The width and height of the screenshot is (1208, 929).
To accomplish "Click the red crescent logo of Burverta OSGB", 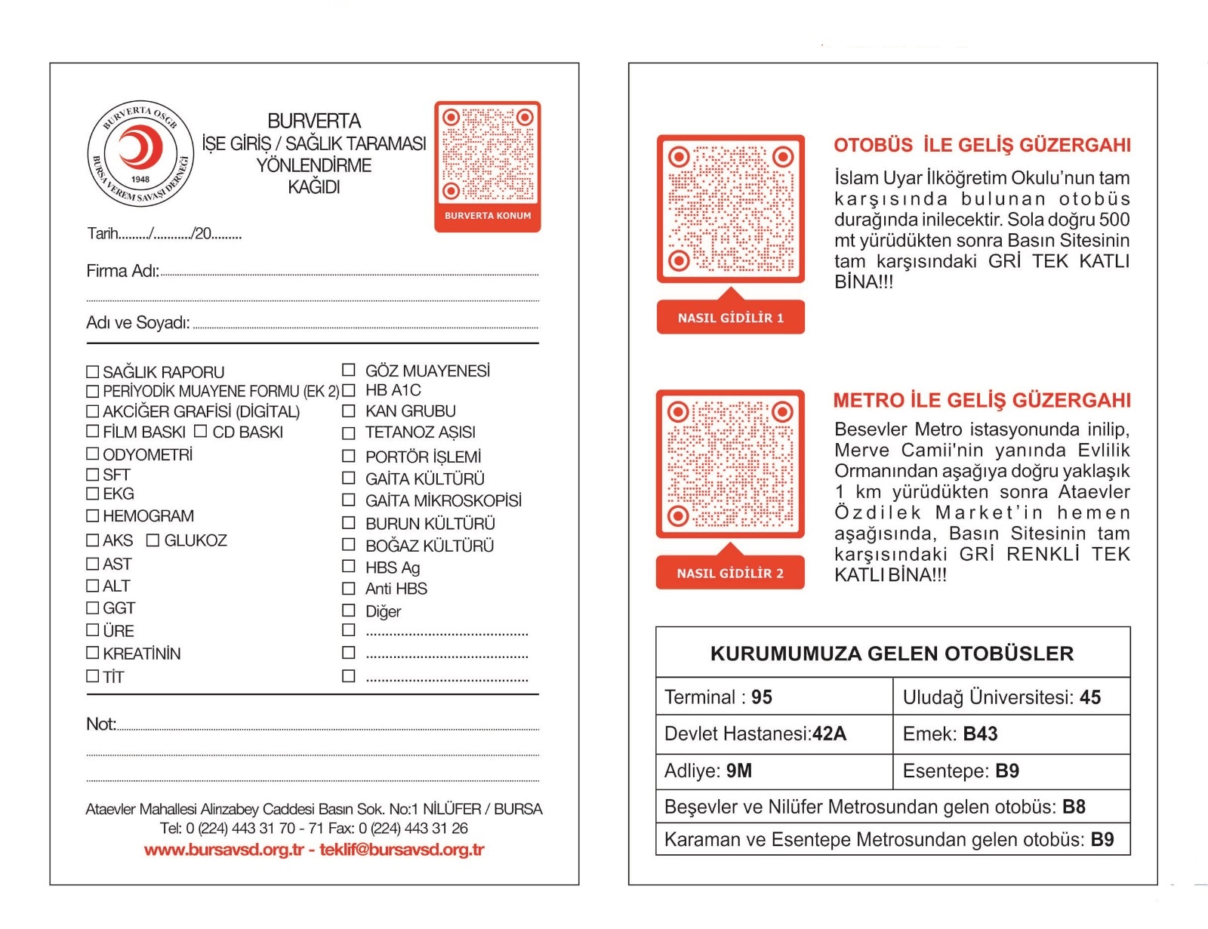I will [140, 148].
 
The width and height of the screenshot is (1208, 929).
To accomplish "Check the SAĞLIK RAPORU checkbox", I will [93, 371].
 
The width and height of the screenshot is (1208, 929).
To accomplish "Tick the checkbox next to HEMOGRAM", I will [93, 515].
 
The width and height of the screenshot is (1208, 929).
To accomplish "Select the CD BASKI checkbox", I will [200, 431].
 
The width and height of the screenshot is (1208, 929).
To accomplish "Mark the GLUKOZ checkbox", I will [153, 540].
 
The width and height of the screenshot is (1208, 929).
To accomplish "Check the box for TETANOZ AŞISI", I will [348, 432].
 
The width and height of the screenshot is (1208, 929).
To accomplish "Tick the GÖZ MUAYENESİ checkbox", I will [348, 370].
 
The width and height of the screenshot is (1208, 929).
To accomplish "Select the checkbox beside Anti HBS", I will [348, 588].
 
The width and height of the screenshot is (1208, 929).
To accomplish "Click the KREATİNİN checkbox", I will [93, 653].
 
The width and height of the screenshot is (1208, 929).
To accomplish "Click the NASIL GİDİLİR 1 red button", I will [730, 318].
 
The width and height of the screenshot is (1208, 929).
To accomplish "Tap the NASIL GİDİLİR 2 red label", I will [730, 573].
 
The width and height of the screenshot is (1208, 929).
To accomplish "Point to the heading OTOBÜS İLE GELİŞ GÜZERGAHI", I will [982, 145].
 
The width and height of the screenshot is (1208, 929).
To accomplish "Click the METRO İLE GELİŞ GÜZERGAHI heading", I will [982, 400].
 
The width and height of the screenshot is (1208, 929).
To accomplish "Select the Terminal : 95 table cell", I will [774, 697].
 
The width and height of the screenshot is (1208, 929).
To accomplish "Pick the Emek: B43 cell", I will [1011, 734].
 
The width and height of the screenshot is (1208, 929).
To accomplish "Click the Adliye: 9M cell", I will [774, 771].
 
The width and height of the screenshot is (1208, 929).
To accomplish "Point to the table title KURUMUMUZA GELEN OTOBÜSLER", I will [892, 654].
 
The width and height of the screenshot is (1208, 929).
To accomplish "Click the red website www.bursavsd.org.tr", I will [223, 850].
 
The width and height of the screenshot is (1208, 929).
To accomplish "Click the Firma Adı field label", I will [122, 271].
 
